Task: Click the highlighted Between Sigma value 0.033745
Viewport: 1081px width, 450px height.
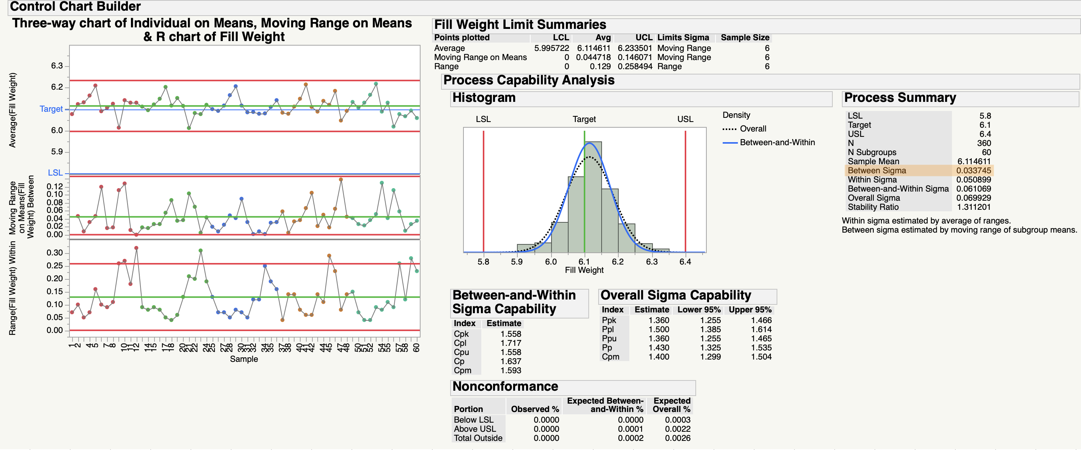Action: (x=973, y=171)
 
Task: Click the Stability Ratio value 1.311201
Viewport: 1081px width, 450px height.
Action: (x=973, y=207)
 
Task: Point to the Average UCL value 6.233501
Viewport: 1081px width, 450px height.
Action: (x=635, y=48)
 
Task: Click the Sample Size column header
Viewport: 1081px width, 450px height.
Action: (x=744, y=38)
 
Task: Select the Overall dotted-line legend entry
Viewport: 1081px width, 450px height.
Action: (x=752, y=129)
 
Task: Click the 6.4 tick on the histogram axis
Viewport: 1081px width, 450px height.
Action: (x=685, y=262)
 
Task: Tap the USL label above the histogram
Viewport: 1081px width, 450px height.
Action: (x=685, y=119)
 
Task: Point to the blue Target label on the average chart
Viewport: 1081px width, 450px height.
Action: (x=51, y=109)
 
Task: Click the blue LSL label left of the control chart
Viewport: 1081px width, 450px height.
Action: (x=55, y=173)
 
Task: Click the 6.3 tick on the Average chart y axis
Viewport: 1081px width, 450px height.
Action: (x=57, y=66)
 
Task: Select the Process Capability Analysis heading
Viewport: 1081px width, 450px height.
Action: (x=528, y=80)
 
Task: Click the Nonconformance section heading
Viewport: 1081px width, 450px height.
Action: (x=505, y=387)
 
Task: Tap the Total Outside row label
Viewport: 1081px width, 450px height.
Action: (x=477, y=438)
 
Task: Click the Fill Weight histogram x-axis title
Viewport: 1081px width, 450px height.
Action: (x=584, y=270)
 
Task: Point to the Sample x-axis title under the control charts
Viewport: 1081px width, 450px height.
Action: (x=244, y=359)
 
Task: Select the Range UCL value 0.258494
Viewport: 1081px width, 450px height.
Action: (x=635, y=67)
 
